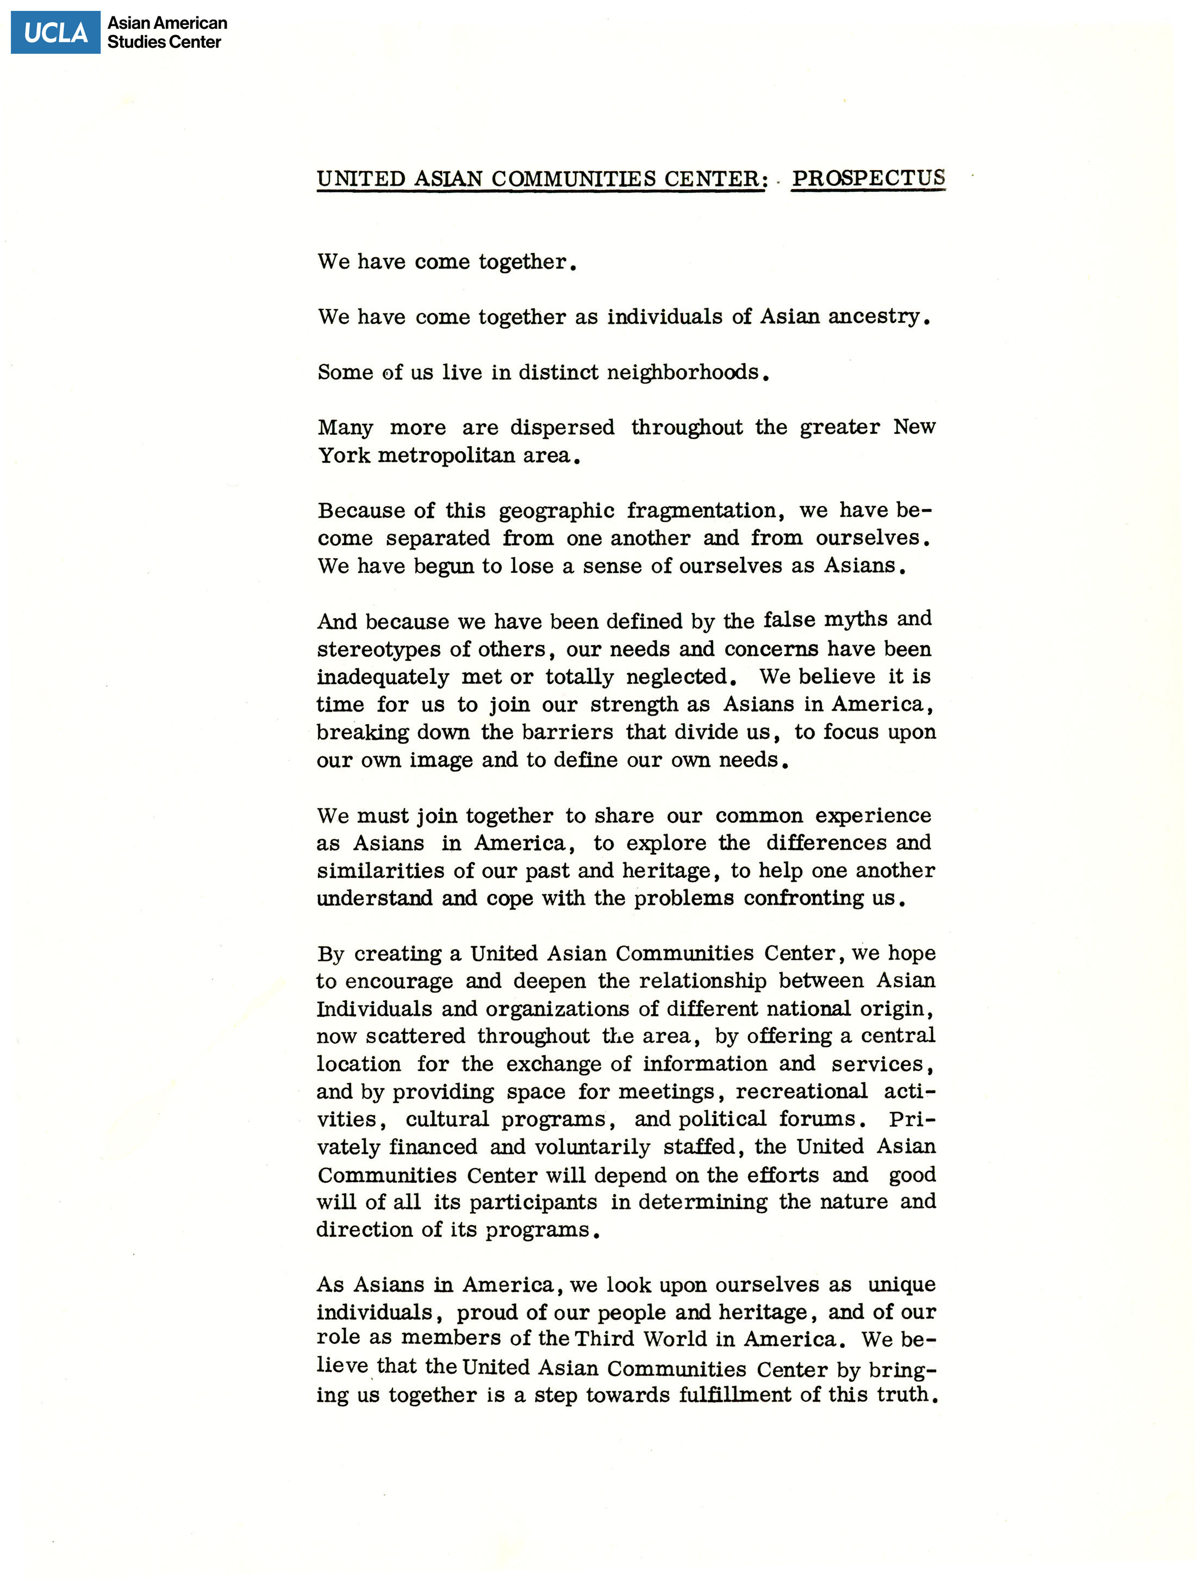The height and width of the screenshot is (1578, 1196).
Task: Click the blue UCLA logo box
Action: click(x=55, y=32)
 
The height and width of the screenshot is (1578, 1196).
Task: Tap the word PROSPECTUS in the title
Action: click(x=868, y=178)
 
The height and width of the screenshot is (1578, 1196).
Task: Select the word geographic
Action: click(x=556, y=511)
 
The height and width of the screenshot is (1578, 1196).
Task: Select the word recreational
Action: click(x=801, y=1091)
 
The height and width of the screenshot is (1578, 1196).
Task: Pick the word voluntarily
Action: click(x=591, y=1147)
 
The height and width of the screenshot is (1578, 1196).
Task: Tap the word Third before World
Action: click(x=605, y=1339)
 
